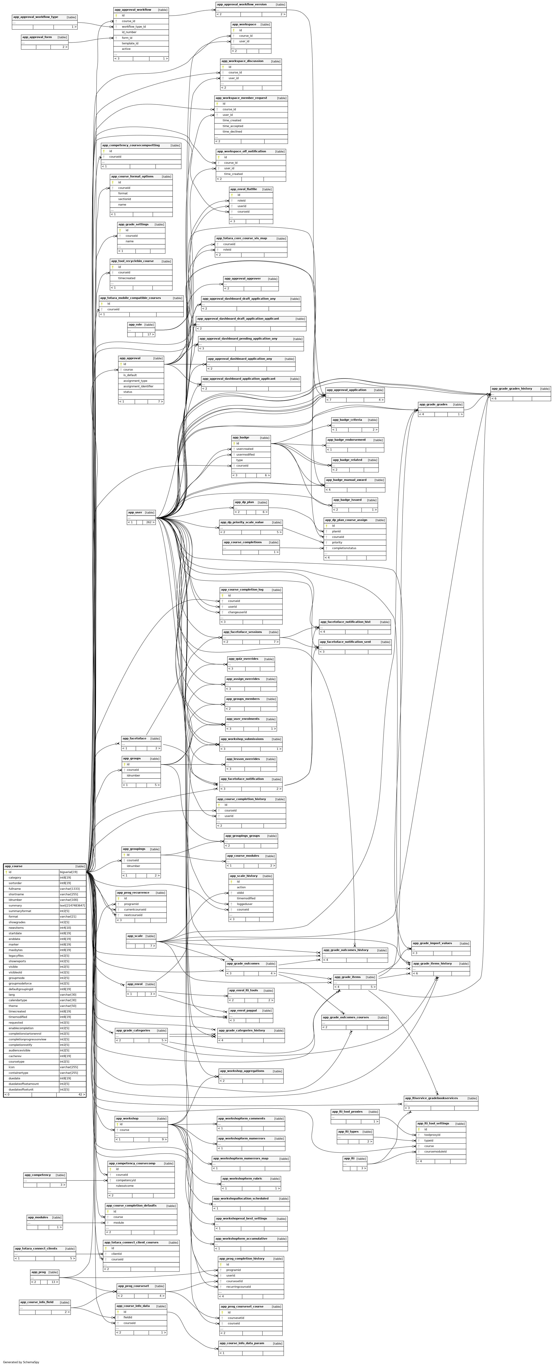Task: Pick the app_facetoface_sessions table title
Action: (x=243, y=632)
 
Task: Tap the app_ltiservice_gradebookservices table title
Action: (x=431, y=1098)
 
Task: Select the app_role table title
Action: (x=135, y=325)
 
